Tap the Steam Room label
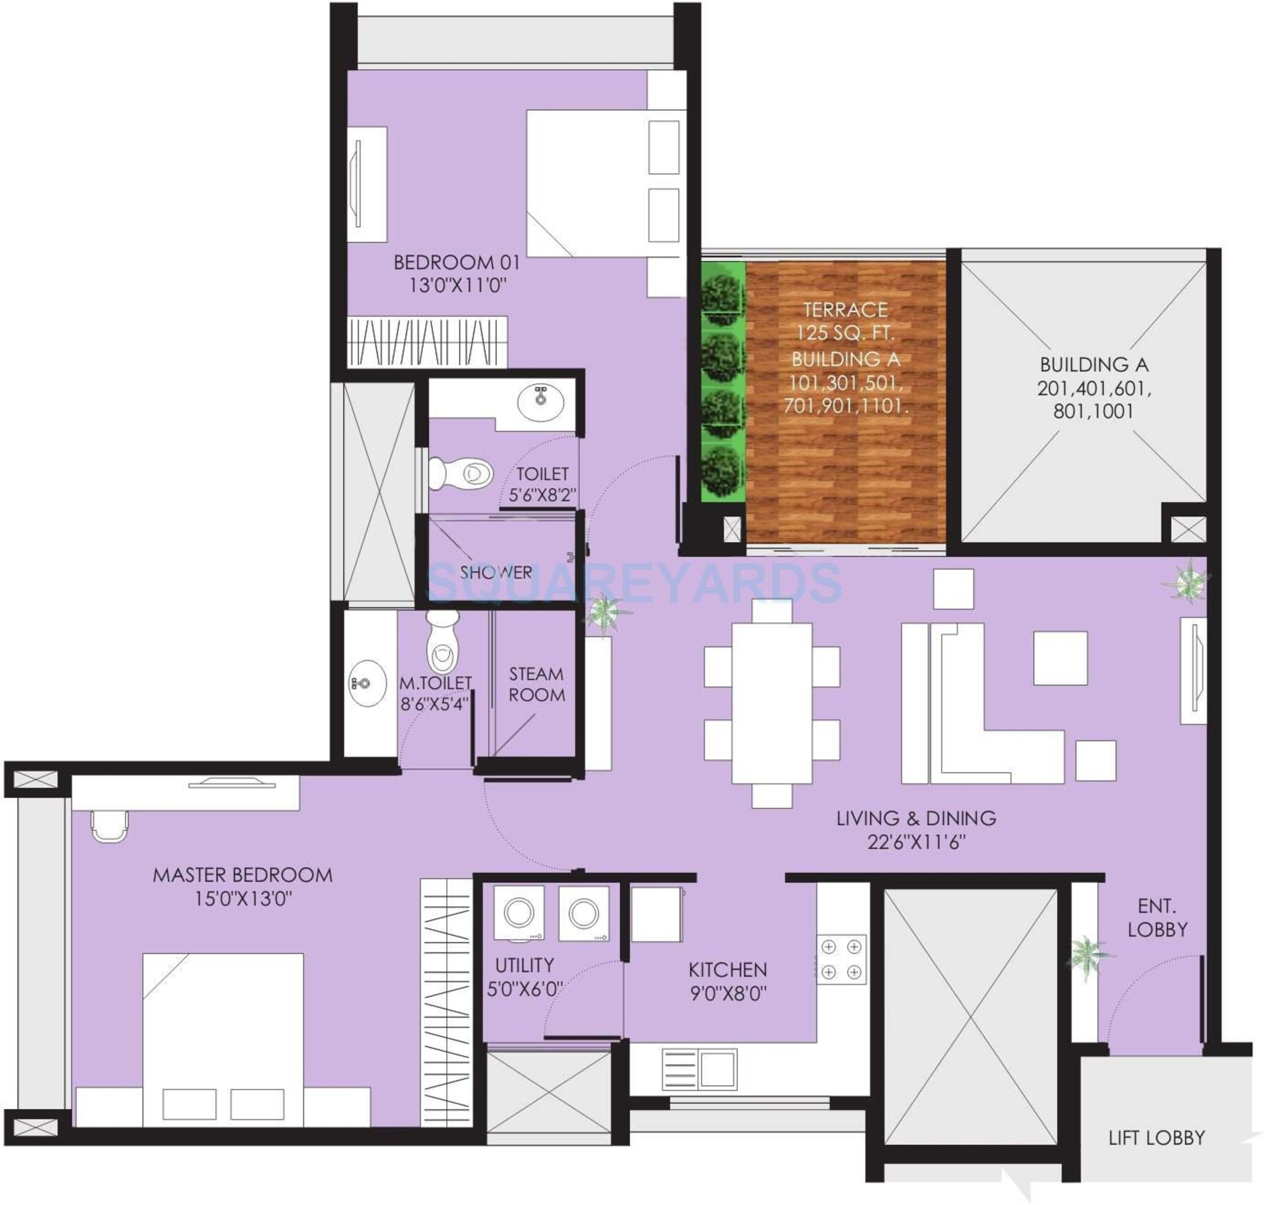[536, 684]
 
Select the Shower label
[496, 572]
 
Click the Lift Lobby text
[1156, 1138]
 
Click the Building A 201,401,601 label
[1093, 388]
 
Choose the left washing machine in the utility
[519, 914]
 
